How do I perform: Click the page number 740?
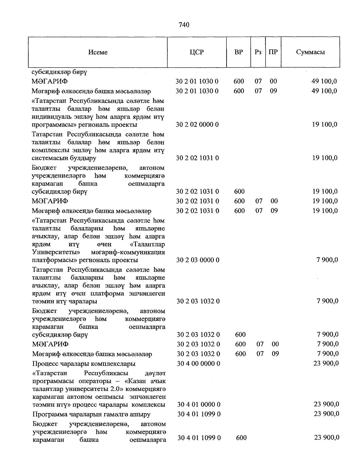pos(184,25)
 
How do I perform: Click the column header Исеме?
pos(98,52)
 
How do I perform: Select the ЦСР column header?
pos(197,52)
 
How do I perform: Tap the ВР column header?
pos(238,52)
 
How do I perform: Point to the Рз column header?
pos(258,52)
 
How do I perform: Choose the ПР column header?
pos(273,52)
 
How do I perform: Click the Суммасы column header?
pos(310,52)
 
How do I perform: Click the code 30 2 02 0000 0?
pos(197,125)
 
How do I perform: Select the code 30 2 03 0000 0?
pos(198,260)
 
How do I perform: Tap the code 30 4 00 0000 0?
pos(198,364)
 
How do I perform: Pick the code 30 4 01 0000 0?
pos(199,405)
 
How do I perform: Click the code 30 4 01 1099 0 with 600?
pos(199,438)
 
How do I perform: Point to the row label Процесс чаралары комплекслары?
pos(84,364)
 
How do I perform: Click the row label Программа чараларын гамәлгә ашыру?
pos(91,414)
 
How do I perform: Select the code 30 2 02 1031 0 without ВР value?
pos(197,158)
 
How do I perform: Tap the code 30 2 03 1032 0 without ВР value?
pos(198,301)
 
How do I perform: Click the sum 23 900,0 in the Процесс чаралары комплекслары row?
pos(326,363)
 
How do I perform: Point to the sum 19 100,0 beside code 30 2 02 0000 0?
pos(325,125)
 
